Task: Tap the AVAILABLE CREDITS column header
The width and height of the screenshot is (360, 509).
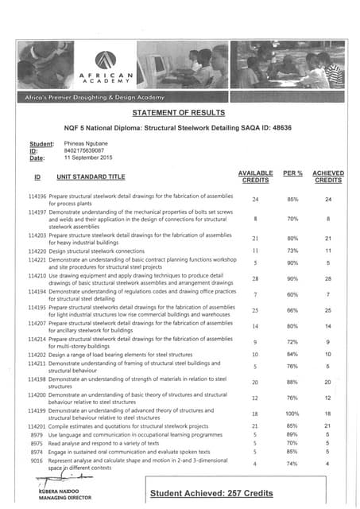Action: coord(255,177)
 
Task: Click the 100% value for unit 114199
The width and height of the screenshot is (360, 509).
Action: coord(292,414)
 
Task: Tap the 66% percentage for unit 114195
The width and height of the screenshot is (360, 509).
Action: coord(292,310)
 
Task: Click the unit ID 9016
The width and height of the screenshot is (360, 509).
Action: coord(37,460)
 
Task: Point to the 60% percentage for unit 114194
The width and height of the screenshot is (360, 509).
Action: coord(292,295)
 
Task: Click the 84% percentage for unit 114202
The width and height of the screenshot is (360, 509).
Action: coord(292,354)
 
